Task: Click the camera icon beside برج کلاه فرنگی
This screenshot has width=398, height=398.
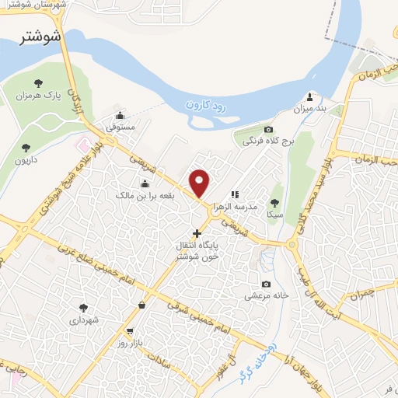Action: click(x=268, y=130)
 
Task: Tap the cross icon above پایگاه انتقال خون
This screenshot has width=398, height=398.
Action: click(x=197, y=232)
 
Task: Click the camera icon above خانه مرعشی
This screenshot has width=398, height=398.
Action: click(x=267, y=284)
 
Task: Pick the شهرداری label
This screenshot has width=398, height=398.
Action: click(x=84, y=319)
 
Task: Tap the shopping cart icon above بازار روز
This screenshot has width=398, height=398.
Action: click(x=140, y=306)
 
